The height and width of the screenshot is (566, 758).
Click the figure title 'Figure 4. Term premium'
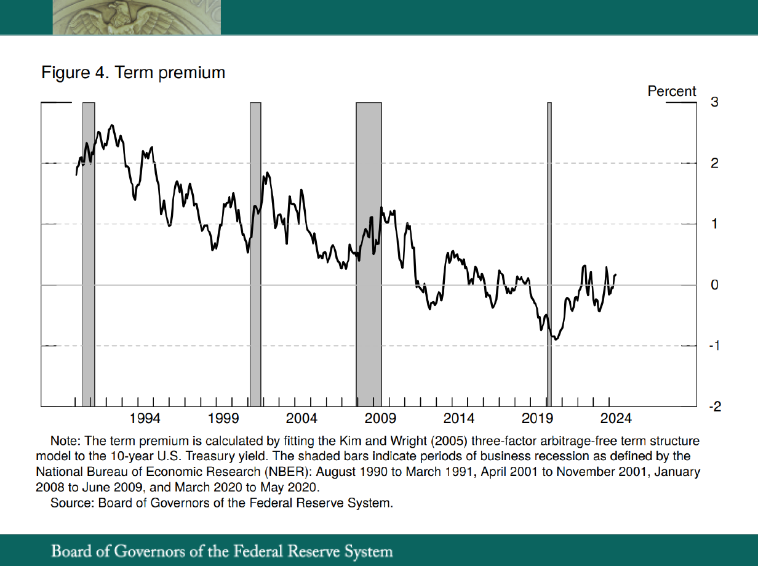133,73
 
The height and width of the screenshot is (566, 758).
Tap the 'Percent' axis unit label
672,92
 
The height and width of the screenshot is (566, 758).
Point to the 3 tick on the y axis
714,102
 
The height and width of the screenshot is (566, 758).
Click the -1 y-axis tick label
712,346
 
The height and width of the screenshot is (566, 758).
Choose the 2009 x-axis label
380,419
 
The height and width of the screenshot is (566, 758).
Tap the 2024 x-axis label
615,419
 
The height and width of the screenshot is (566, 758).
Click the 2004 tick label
301,419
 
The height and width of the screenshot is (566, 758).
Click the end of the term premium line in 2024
616,275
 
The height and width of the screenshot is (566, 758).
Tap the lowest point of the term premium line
556,339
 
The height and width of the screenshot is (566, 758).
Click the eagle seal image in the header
137,17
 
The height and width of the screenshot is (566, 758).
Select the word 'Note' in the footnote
62,442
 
